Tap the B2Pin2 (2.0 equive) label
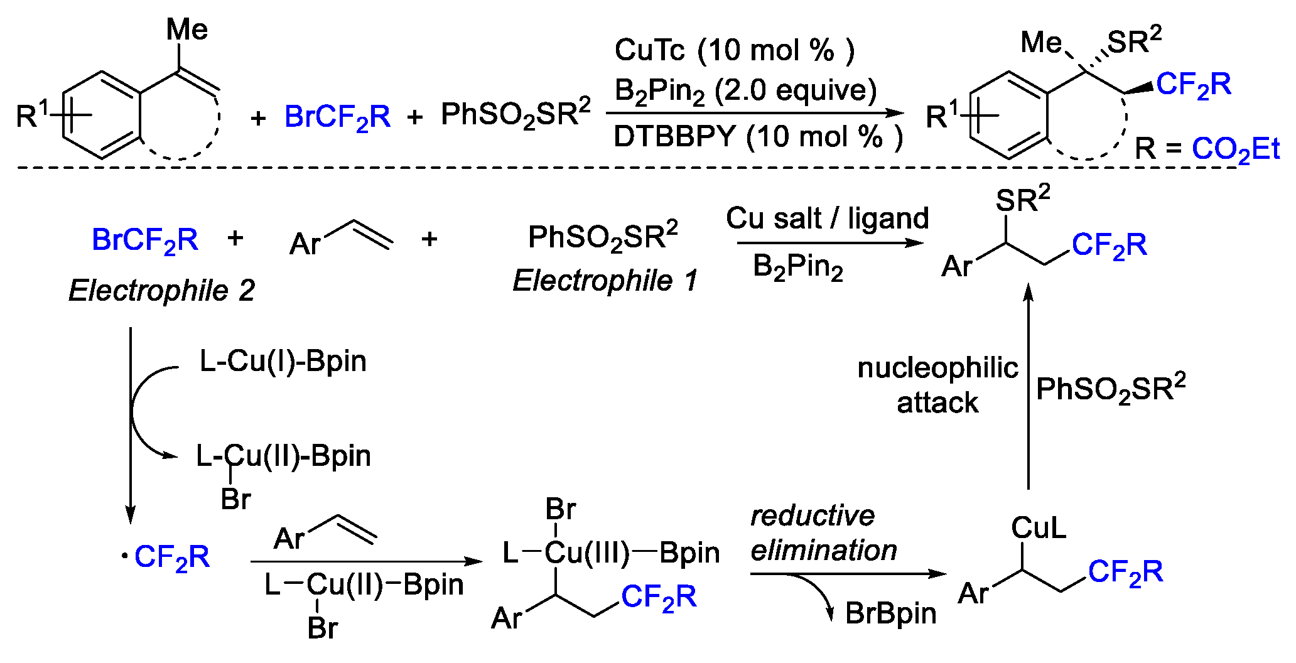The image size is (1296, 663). (x=745, y=92)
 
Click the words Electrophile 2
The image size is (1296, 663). (x=161, y=291)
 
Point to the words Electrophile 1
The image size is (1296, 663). (x=605, y=281)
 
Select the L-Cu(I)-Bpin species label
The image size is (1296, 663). (x=283, y=362)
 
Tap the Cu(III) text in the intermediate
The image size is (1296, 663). (x=586, y=553)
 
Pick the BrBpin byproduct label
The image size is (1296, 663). (x=890, y=613)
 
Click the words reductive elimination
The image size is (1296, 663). (x=823, y=533)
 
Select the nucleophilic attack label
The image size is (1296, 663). (x=937, y=385)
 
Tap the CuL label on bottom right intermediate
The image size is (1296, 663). (x=1038, y=528)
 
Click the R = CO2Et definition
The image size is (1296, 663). (x=1206, y=149)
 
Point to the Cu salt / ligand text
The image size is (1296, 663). (x=827, y=218)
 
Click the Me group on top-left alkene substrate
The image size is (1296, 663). (x=186, y=30)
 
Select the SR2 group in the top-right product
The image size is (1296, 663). (x=1134, y=41)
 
